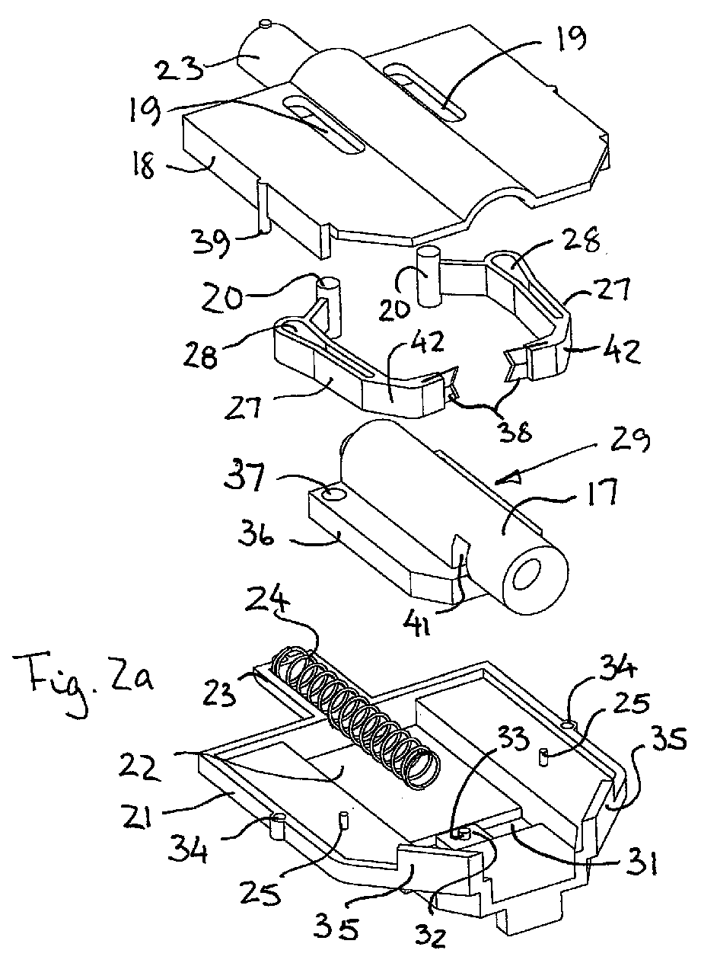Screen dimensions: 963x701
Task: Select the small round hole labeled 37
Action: coord(333,494)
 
